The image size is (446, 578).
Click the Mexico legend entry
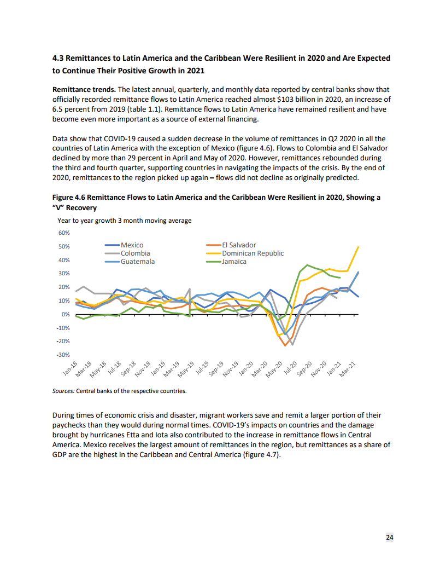(132, 245)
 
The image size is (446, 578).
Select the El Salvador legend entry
(239, 245)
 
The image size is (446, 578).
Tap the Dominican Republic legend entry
(253, 253)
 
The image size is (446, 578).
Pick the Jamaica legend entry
(234, 262)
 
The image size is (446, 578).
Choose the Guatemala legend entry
(137, 262)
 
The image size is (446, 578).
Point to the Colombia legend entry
(135, 253)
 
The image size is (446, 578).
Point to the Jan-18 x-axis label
(71, 371)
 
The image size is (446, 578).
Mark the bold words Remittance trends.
(84, 89)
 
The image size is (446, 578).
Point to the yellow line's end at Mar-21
(359, 247)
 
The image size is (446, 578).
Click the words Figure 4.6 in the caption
(69, 197)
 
